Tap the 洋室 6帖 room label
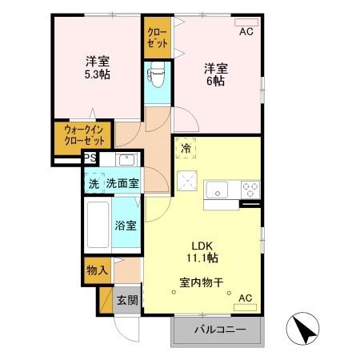tap(212, 74)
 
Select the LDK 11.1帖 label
tap(204, 252)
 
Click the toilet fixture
tap(156, 77)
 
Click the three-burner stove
tap(250, 190)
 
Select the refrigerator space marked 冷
tap(185, 148)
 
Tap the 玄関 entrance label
tap(126, 301)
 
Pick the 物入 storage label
tap(97, 270)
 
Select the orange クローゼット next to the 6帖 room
tap(157, 35)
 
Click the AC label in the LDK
tap(246, 298)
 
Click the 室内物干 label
tap(201, 282)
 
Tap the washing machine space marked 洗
tap(94, 183)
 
